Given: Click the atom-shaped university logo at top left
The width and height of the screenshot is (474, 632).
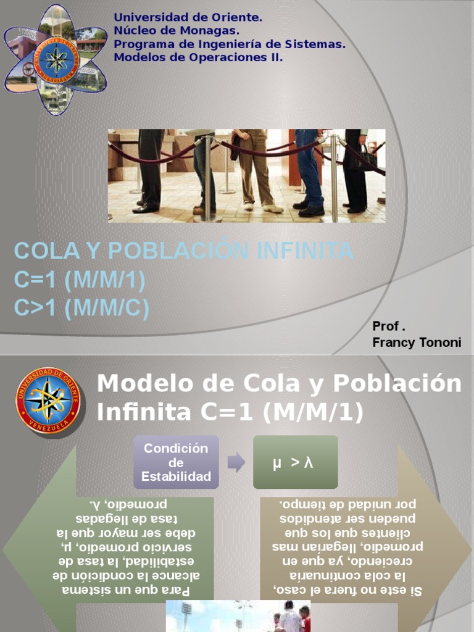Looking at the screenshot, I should [x=56, y=59].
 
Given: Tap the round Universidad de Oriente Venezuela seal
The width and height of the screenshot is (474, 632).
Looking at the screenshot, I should [x=48, y=399].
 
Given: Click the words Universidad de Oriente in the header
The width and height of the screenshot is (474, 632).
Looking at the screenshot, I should [x=188, y=18].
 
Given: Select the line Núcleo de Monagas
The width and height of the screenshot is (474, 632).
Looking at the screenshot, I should [x=177, y=31].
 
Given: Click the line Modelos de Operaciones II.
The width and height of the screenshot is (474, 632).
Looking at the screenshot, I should [x=198, y=57].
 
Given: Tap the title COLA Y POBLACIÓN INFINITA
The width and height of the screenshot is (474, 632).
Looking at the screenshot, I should [x=184, y=251].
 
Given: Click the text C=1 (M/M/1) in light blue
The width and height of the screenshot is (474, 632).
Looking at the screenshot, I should [x=80, y=280].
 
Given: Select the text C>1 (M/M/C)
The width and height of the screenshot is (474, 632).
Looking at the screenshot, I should [x=81, y=308].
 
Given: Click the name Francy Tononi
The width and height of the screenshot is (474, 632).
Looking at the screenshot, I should [x=417, y=343].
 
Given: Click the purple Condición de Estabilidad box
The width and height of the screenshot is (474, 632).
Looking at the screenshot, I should [x=176, y=462].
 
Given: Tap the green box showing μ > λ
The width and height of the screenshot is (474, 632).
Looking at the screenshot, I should [x=296, y=462].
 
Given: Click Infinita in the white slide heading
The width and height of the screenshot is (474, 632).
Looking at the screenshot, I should [x=143, y=412].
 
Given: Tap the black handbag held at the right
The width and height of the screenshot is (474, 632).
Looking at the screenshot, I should [x=364, y=159].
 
